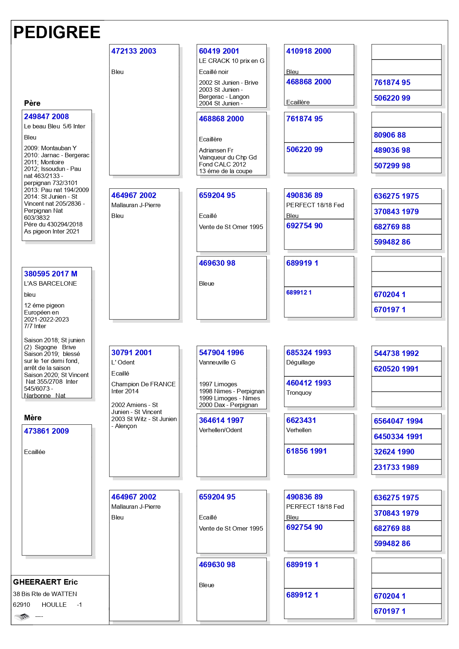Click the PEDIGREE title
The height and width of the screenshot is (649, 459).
tap(57, 33)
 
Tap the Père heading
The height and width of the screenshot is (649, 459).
tap(32, 103)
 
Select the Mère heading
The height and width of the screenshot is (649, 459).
tap(33, 418)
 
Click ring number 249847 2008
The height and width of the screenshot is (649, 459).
tap(46, 117)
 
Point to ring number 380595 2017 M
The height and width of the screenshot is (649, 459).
tap(51, 274)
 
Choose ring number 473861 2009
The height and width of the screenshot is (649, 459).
tap(46, 431)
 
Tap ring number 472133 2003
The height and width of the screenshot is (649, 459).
tap(134, 51)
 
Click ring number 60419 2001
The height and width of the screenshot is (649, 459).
tap(219, 51)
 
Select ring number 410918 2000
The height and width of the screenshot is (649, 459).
tap(308, 51)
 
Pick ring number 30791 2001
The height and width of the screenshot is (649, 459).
tap(131, 353)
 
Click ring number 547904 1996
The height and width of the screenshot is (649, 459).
tap(221, 353)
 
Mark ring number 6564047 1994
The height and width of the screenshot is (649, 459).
tap(398, 421)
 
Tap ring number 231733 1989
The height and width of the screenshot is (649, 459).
tap(396, 467)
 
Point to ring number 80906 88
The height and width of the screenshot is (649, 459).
tap(389, 135)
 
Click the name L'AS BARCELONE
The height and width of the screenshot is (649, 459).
tap(50, 284)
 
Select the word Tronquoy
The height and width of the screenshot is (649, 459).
tap(299, 393)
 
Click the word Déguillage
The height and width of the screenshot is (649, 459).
tap(300, 363)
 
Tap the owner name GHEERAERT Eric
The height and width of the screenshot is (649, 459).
tap(45, 582)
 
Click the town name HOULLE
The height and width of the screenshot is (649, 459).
tap(54, 605)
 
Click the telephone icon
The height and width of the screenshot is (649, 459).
tap(22, 616)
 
